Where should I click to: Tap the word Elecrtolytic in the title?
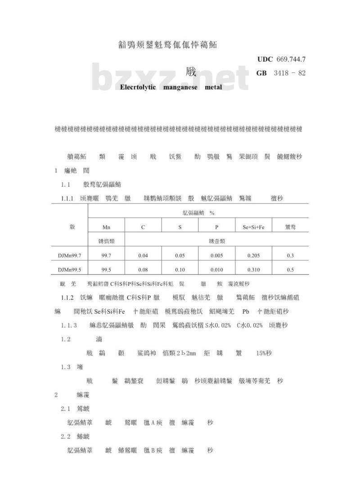coord(138,87)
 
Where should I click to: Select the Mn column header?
coord(106,227)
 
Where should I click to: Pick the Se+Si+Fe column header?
coord(253,227)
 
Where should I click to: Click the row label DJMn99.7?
coord(69,256)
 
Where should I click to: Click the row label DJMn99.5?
coord(69,270)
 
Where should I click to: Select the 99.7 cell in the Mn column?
coord(106,256)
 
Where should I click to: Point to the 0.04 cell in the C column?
coord(143,256)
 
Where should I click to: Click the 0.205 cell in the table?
coord(253,256)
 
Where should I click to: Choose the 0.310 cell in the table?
coord(253,270)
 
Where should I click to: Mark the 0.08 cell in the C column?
coord(143,270)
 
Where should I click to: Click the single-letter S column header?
coord(180,227)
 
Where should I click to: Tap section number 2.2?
coord(66,437)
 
